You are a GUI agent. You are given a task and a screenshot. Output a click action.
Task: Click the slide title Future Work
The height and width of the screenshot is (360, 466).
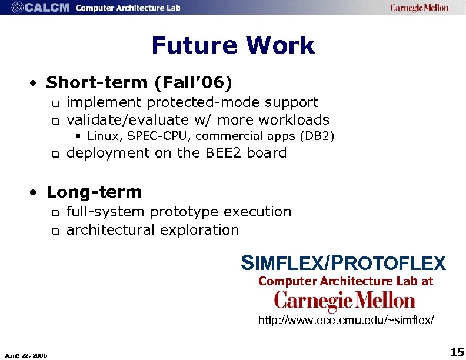233,45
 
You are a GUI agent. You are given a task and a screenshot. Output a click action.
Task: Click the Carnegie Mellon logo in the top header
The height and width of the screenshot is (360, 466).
419,8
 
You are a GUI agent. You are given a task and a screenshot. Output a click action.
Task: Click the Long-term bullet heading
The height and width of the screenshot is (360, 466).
94,192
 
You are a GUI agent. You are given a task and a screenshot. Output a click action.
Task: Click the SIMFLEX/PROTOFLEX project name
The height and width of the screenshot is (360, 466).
343,263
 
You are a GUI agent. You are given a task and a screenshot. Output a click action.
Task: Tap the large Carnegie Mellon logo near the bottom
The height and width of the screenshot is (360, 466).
345,302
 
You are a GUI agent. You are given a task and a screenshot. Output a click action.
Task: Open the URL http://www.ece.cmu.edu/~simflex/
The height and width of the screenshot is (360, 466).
347,321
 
